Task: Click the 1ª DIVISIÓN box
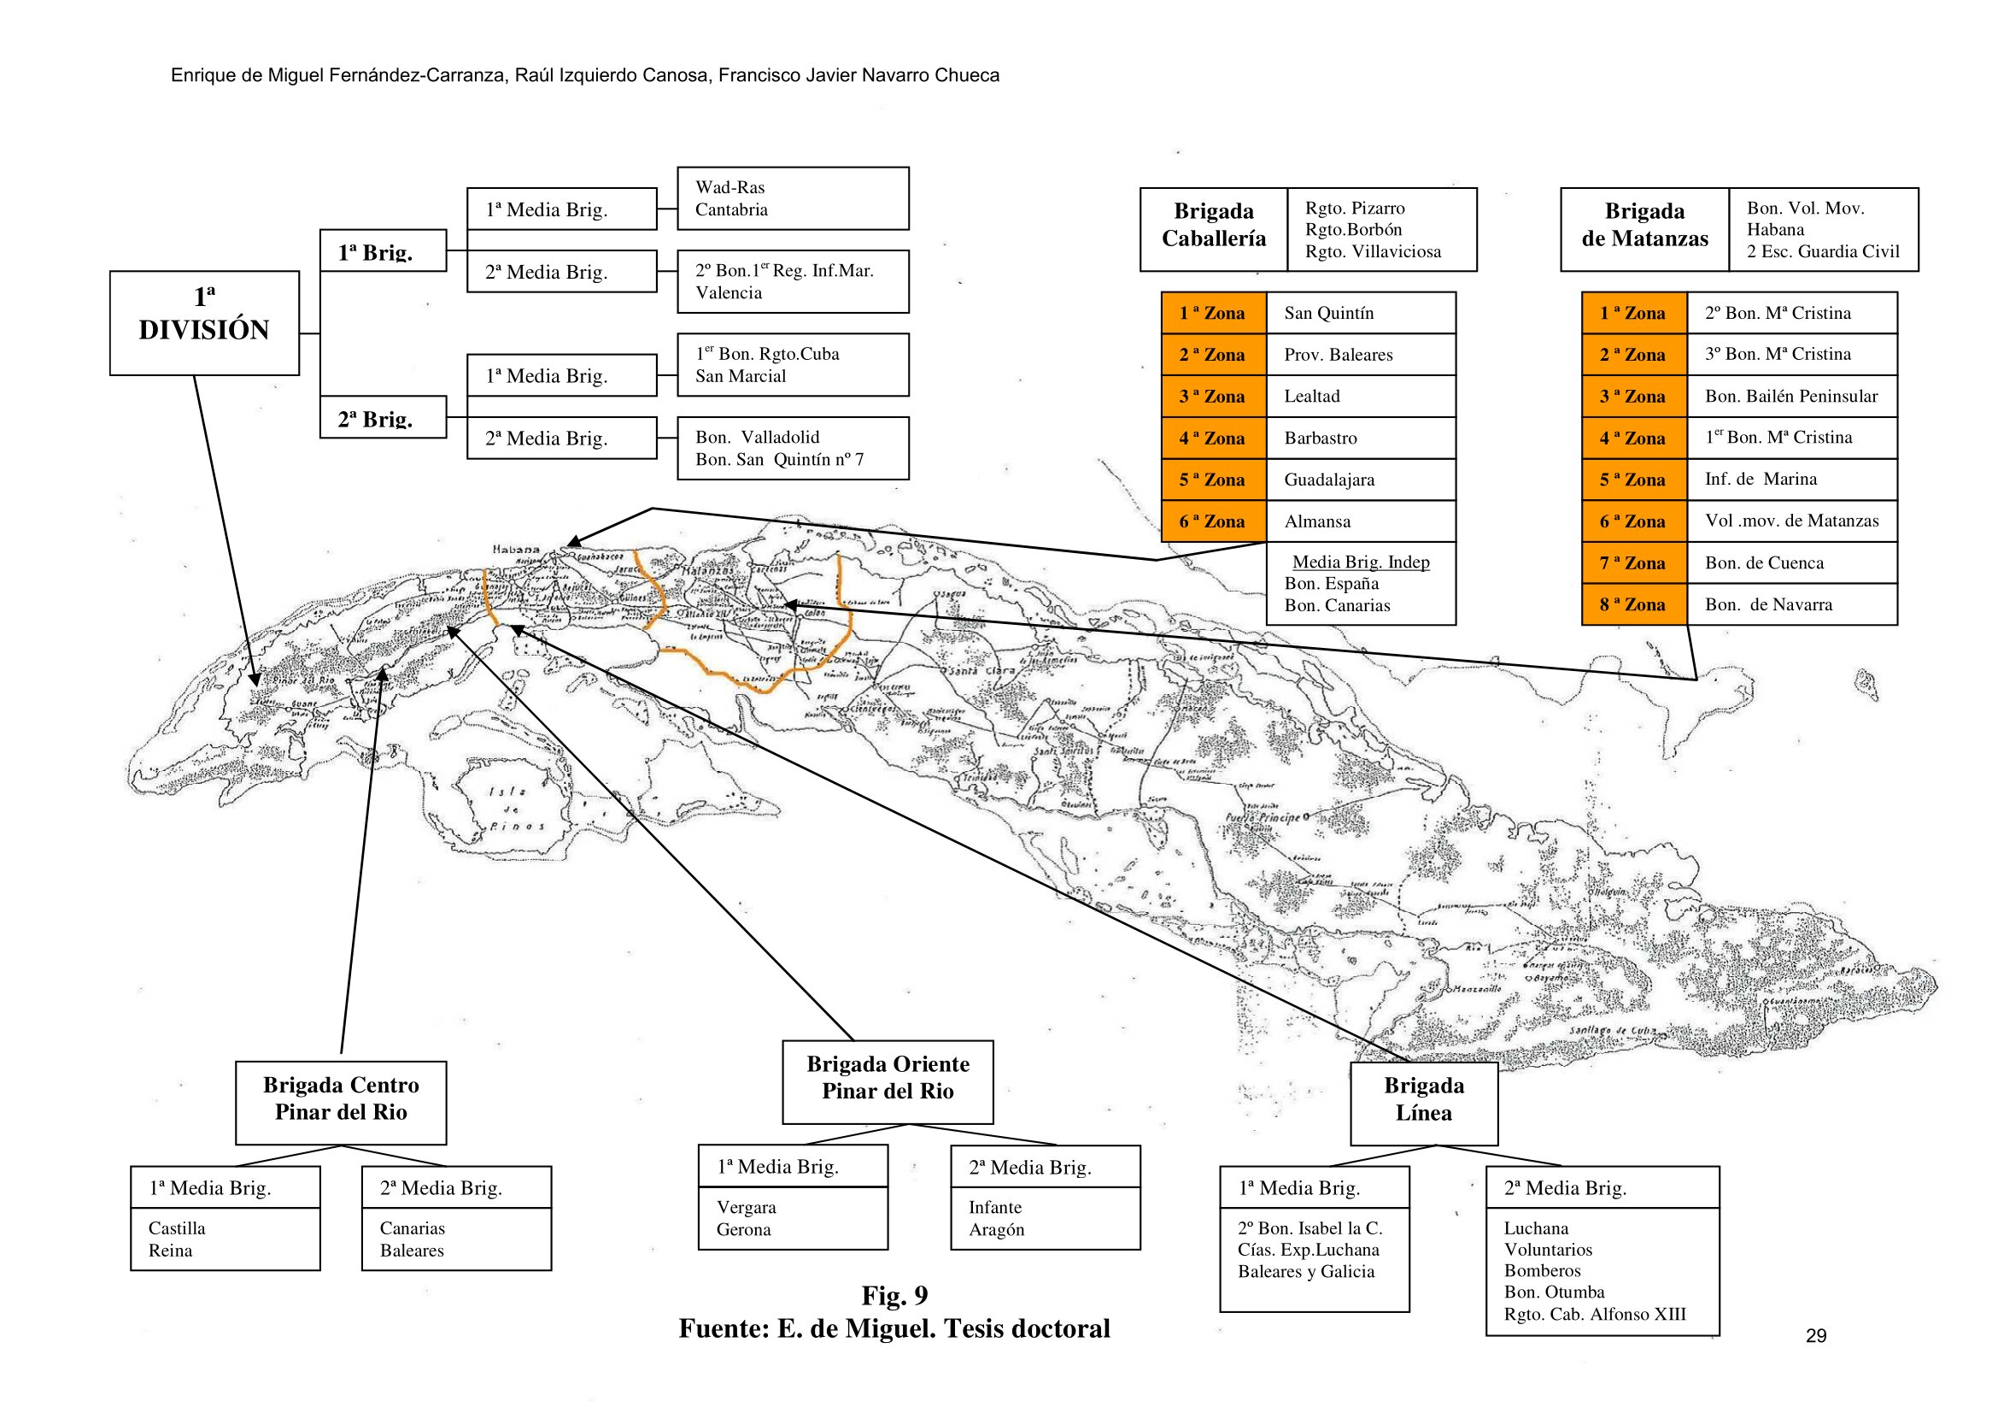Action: coord(203,322)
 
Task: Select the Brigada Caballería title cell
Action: coord(1213,228)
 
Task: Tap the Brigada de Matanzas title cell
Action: coord(1644,228)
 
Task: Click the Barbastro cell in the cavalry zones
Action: coord(1360,438)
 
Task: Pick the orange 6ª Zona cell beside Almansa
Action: coord(1213,521)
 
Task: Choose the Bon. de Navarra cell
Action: coord(1791,604)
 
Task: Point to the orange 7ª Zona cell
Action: coord(1633,562)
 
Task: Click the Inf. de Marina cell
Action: coord(1791,479)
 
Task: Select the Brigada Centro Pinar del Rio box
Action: coord(340,1101)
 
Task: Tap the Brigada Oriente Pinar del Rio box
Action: coord(887,1080)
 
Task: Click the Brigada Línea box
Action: coord(1424,1102)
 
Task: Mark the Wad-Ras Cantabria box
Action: coord(793,198)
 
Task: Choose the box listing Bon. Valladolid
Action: coord(793,449)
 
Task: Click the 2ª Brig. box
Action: coord(383,417)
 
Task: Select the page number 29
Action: coord(1815,1335)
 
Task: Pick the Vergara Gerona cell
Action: coord(792,1218)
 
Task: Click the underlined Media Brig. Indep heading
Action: coord(1360,562)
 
